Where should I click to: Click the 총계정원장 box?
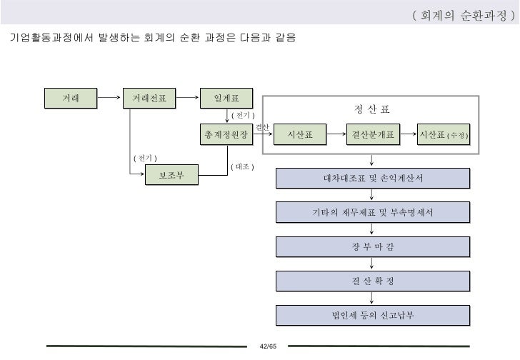pyautogui.click(x=226, y=134)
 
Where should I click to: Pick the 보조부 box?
pyautogui.click(x=171, y=175)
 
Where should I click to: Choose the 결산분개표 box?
pyautogui.click(x=373, y=134)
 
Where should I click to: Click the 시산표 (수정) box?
pyautogui.click(x=444, y=134)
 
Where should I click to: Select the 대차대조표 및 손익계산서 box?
pyautogui.click(x=373, y=179)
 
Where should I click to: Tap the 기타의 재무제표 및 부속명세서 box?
pyautogui.click(x=373, y=212)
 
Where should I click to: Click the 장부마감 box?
pyautogui.click(x=373, y=246)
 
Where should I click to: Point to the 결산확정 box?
pyautogui.click(x=373, y=281)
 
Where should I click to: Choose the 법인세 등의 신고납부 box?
pyautogui.click(x=373, y=315)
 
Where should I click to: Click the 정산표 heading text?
pyautogui.click(x=372, y=109)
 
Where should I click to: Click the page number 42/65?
pyautogui.click(x=267, y=346)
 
